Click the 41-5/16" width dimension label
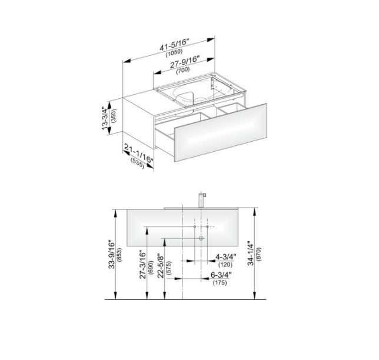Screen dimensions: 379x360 (174, 45)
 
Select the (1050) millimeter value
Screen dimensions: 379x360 (174, 53)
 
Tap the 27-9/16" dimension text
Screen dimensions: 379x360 (185, 62)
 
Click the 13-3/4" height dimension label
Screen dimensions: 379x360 (105, 118)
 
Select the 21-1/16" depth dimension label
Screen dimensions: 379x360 (138, 153)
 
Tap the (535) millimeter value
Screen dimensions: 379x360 (137, 164)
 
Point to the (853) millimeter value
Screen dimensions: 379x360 (119, 255)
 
